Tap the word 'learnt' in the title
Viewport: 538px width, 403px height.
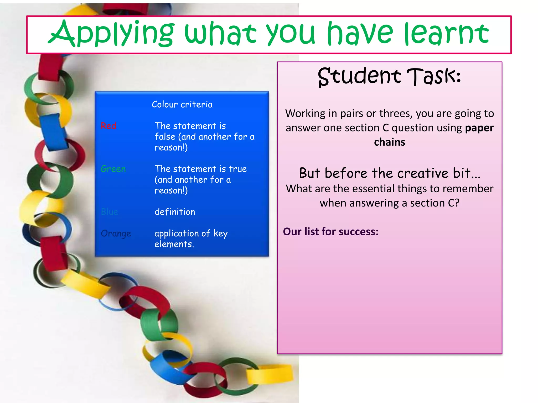click(447, 34)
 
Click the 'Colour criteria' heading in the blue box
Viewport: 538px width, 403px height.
click(182, 104)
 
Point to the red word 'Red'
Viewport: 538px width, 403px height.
click(108, 126)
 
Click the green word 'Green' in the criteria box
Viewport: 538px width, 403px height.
click(113, 169)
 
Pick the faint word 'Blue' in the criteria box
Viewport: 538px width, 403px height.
click(110, 212)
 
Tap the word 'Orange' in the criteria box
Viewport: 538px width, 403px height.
click(116, 234)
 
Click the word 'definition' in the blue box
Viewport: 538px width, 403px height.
click(175, 212)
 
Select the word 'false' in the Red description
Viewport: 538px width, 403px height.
click(165, 137)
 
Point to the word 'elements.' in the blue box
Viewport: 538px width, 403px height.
click(174, 244)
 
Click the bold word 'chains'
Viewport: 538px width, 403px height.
click(390, 142)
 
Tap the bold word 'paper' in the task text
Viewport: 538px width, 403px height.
click(479, 128)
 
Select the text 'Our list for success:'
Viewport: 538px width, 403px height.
click(331, 232)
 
